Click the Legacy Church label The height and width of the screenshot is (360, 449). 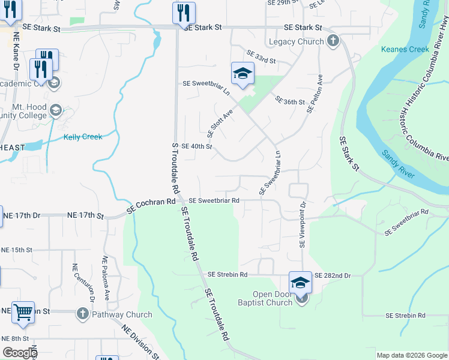tap(296, 41)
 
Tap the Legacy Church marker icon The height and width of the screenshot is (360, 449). tap(334, 41)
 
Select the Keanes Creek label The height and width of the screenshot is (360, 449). tap(405, 49)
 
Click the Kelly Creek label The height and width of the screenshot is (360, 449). tap(83, 137)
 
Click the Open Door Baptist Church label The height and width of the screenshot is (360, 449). tap(264, 298)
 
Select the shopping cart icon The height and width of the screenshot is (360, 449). tap(23, 312)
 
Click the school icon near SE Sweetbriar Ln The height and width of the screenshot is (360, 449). tap(243, 74)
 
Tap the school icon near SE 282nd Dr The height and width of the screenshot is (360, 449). tap(300, 283)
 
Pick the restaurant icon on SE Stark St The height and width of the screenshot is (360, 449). tap(184, 13)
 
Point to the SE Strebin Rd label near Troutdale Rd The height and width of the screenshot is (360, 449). tap(228, 275)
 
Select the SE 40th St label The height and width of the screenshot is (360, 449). tap(196, 146)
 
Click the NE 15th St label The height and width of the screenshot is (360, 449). tap(16, 250)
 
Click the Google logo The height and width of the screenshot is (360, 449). tap(19, 353)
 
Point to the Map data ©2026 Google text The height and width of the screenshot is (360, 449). tap(412, 355)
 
